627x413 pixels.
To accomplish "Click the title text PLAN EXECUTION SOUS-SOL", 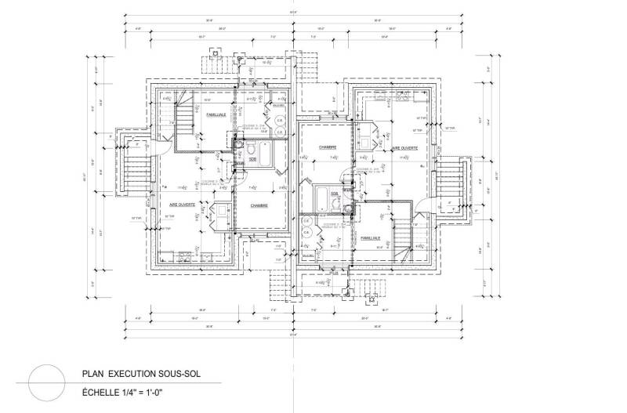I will pos(141,375).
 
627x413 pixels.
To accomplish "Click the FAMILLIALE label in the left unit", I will pos(216,115).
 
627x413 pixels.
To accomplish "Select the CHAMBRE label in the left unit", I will pos(259,205).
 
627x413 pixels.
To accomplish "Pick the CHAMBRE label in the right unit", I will pos(327,147).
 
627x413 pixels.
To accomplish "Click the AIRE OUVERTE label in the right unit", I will pos(404,147).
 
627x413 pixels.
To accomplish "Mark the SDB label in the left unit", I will pos(252,160).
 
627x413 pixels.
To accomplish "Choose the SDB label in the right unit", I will pos(334,193).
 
